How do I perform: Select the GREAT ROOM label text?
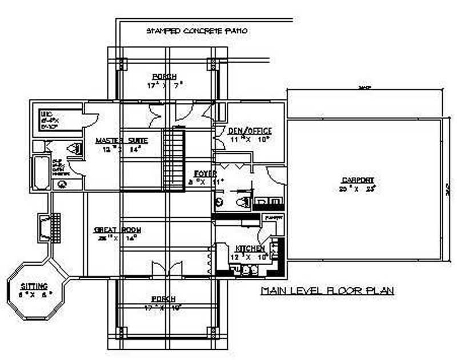[118, 230]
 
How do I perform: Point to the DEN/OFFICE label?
[250, 131]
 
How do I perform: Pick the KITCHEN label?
[250, 249]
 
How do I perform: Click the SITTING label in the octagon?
[34, 286]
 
